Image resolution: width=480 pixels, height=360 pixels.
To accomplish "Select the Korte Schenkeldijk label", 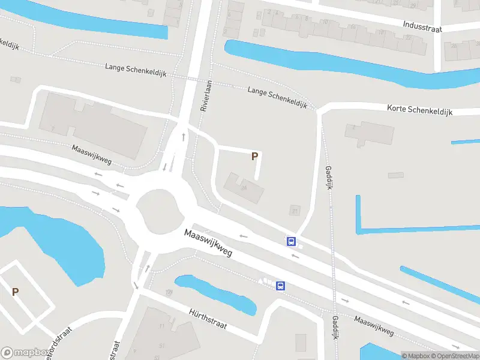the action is pos(420,110).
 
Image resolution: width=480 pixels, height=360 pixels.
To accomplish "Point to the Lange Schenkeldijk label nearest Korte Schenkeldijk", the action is pos(277,97).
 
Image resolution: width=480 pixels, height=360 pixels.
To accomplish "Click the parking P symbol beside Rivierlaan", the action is pos(254,156).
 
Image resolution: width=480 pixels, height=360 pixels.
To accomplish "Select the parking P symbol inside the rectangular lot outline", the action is pos(15,292).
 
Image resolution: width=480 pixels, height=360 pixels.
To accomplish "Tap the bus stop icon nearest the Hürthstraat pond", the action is pos(280,286).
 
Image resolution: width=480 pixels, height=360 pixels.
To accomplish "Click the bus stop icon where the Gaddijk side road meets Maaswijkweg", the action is pos(291,241).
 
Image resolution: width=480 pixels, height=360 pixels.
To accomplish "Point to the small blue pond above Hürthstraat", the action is pos(216,293).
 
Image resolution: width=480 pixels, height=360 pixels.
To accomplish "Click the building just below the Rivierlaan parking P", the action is pos(244,188).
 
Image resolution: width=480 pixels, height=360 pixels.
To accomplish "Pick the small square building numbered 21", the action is pos(294,210).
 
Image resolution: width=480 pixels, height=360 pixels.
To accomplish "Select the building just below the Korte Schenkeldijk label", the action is pos(369,134).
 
